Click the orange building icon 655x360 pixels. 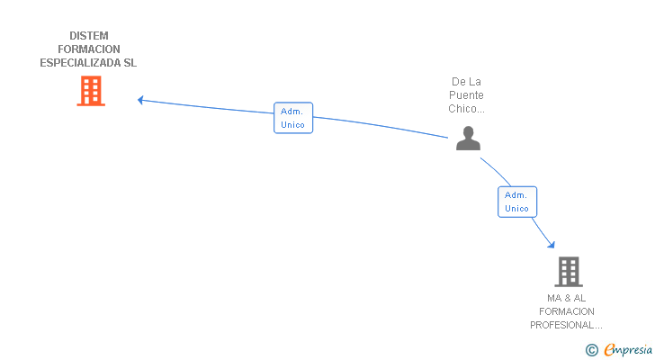tap(91, 91)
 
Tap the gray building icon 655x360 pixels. tap(569, 272)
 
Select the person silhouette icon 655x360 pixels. tap(468, 139)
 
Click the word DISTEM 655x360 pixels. tap(88, 36)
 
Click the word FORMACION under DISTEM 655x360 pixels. tap(88, 49)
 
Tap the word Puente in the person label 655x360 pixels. tap(466, 95)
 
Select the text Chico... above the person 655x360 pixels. tap(466, 109)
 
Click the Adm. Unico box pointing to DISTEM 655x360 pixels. tap(293, 118)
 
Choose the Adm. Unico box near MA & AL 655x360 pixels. tap(517, 202)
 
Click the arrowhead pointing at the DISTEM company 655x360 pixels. tap(140, 100)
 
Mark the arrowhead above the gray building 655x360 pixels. tap(552, 245)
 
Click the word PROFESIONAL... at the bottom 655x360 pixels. tap(566, 325)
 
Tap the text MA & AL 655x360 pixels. tap(566, 298)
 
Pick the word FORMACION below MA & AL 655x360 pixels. tap(567, 311)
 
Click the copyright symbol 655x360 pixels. tap(591, 350)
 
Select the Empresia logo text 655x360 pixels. tap(628, 350)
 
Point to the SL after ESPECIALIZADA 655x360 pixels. tap(130, 63)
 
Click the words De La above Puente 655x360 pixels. tap(466, 82)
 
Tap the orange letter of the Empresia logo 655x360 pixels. tap(610, 350)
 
